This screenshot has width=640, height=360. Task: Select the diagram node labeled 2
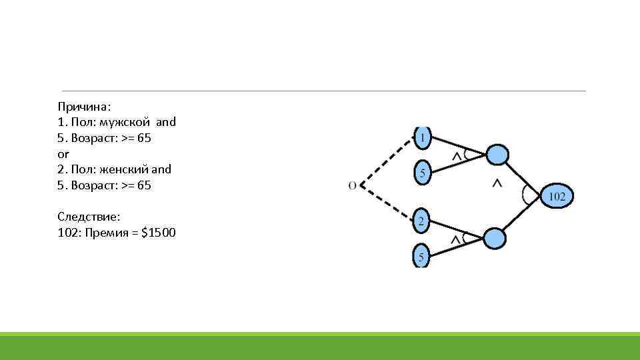pos(421,221)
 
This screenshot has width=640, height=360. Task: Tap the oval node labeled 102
pos(557,196)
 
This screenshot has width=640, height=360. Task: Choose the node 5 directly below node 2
pos(421,255)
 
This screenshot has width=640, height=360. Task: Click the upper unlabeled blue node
pos(497,155)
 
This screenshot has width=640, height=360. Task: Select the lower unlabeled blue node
pos(495,238)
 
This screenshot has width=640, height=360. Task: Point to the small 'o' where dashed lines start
pos(352,185)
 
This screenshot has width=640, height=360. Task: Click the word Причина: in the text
pos(84,107)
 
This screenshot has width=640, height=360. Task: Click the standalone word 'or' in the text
pos(63,153)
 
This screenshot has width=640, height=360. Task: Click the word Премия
pos(107,233)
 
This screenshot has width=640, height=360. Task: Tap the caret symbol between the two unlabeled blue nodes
pos(497,183)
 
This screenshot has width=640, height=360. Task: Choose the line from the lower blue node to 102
pos(525,215)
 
